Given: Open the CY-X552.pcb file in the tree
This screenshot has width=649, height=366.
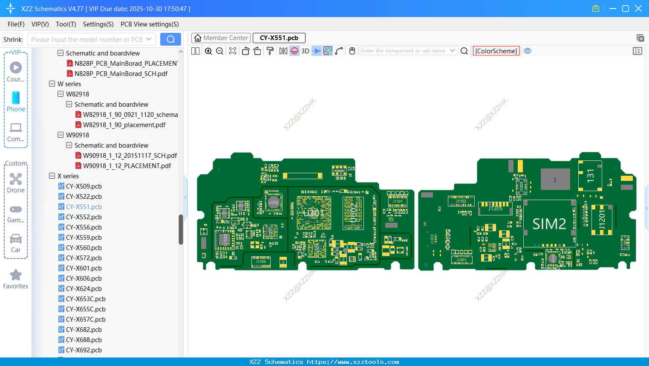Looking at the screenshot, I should (x=84, y=217).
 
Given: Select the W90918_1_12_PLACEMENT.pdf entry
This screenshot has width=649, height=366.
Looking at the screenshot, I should (x=127, y=166).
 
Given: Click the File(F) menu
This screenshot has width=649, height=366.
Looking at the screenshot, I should (x=16, y=24).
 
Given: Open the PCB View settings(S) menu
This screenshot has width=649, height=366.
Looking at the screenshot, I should (x=150, y=24).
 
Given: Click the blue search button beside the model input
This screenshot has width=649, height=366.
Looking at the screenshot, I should (x=170, y=39).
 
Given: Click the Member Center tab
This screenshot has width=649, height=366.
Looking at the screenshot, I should (x=221, y=38).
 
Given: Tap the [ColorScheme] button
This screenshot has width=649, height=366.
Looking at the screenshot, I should (x=496, y=51).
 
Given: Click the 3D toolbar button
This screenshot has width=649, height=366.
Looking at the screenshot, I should (x=305, y=51).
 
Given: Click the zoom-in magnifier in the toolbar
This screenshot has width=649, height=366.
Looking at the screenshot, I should (x=208, y=51).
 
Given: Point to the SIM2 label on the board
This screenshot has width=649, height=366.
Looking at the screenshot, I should (x=549, y=224).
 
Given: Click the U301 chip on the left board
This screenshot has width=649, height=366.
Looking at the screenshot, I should (x=314, y=212).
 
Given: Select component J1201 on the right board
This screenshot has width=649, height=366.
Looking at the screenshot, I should (x=602, y=220).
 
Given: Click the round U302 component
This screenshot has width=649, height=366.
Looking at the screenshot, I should (x=274, y=203).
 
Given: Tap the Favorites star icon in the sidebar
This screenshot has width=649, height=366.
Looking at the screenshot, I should (x=16, y=275).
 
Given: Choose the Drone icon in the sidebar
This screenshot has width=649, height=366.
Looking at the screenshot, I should (x=16, y=179).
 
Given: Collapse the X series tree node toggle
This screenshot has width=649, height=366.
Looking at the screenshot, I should (x=52, y=176).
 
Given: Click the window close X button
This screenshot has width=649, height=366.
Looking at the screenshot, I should (x=638, y=9).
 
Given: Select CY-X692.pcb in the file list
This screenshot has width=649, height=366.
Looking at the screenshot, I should (x=84, y=350).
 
